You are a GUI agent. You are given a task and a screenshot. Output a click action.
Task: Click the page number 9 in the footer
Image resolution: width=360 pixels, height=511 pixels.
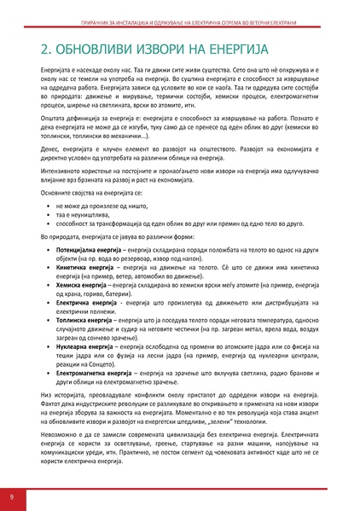pyautogui.click(x=11, y=496)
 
